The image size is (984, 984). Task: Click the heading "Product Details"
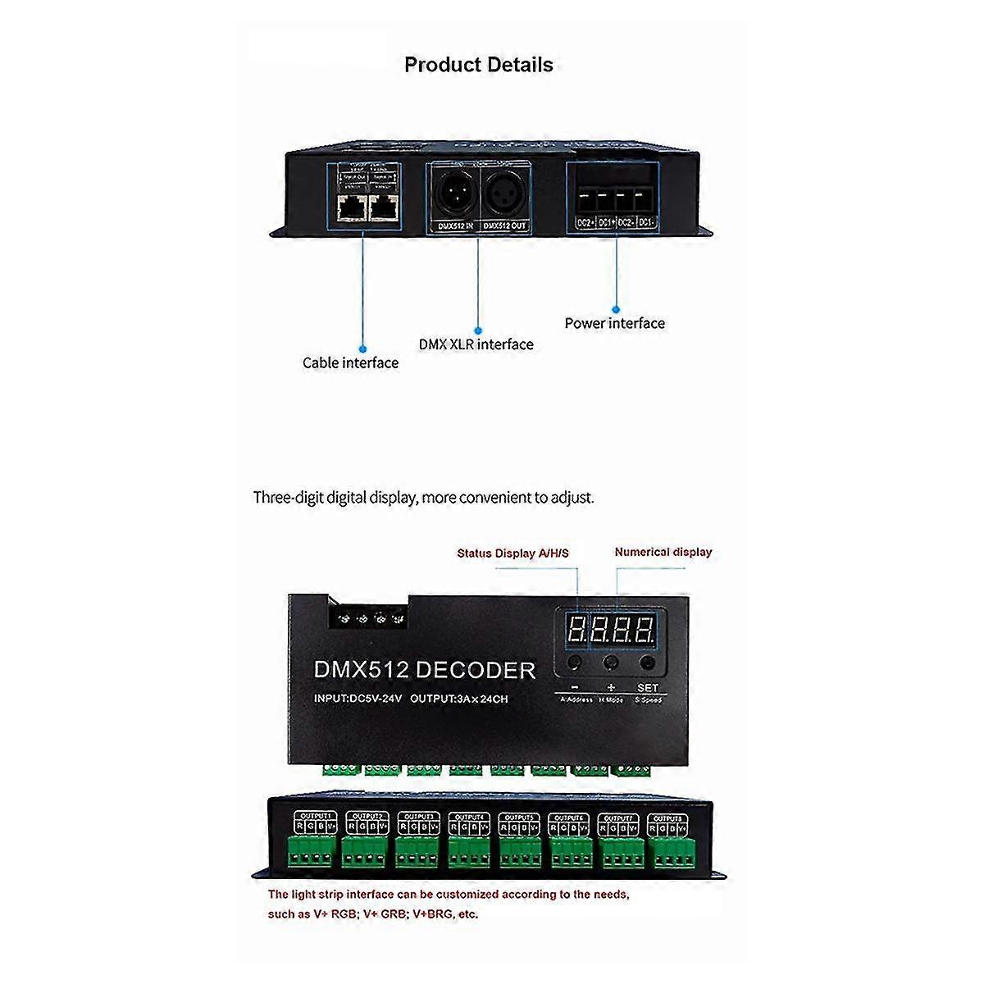[479, 65]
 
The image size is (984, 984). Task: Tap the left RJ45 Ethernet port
[351, 208]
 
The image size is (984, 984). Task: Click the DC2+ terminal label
[585, 222]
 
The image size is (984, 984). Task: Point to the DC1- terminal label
[646, 222]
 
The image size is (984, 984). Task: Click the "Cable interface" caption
[350, 362]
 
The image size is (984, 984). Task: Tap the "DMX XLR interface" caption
[476, 344]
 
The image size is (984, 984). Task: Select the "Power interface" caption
[614, 323]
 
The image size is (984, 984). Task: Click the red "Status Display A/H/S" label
[512, 553]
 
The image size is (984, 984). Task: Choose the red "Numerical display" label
[663, 552]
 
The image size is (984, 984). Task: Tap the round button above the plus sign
[611, 663]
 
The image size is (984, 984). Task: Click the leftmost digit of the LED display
[576, 631]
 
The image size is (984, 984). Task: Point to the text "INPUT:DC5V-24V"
[358, 699]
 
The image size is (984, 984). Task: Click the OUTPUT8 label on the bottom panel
[667, 818]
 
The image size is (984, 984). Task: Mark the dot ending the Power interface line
[616, 310]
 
